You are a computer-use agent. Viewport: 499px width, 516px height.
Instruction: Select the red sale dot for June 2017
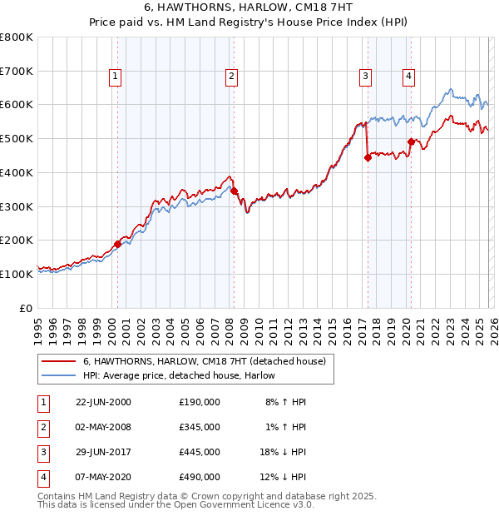(x=368, y=157)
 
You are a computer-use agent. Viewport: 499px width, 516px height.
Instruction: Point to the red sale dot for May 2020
(x=411, y=141)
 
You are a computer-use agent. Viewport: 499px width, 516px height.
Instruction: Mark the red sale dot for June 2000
(x=117, y=244)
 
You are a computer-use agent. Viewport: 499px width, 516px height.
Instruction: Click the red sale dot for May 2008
(x=235, y=191)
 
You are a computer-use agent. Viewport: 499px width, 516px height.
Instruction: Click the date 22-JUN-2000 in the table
(x=103, y=402)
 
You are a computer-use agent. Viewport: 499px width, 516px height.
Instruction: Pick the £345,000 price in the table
(x=200, y=427)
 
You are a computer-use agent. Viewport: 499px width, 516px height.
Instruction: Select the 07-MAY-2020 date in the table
(x=103, y=477)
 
